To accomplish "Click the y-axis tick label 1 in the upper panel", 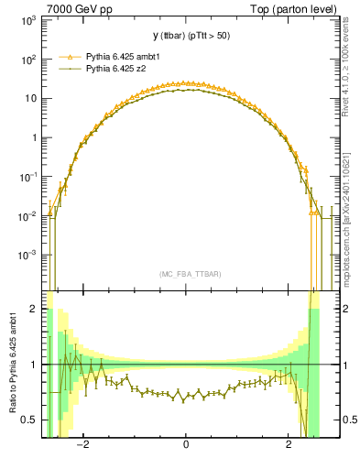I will pos(35,138).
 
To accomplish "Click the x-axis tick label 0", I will pos(186,446).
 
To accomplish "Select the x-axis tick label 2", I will pos(289,446).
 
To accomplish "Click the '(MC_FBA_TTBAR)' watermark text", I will pos(186,274).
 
